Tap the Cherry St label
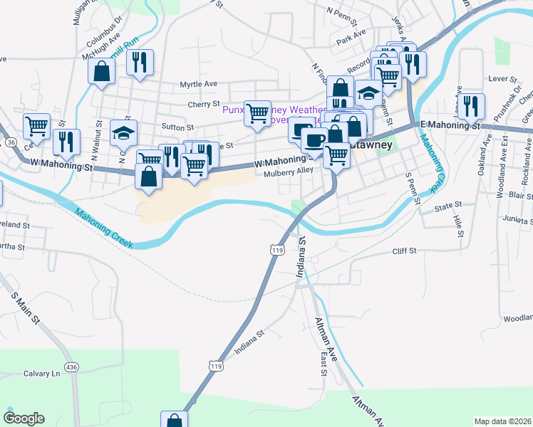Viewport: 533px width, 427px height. pos(203,105)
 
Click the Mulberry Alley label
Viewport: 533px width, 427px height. pos(288,172)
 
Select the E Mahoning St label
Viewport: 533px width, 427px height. pos(451,125)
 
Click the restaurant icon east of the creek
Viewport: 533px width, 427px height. pos(471,106)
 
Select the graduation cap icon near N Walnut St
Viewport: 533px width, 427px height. pos(123,132)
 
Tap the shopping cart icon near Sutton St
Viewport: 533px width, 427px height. pos(257,112)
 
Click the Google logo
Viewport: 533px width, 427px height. pos(24,418)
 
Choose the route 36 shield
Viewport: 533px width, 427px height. pos(11,142)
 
